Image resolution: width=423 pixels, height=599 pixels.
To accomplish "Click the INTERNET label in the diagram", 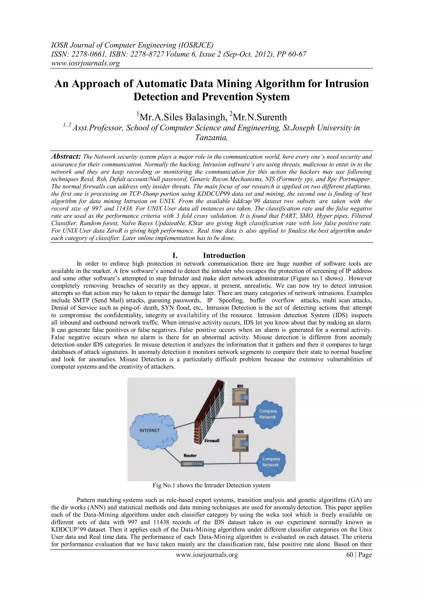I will [150, 431].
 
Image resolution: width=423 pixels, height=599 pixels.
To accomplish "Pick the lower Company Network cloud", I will [271, 462].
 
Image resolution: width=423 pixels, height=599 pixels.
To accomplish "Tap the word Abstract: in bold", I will [66, 157].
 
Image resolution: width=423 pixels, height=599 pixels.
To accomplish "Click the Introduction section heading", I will [224, 255].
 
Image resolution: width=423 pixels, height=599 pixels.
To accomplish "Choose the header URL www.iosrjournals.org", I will [85, 63].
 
